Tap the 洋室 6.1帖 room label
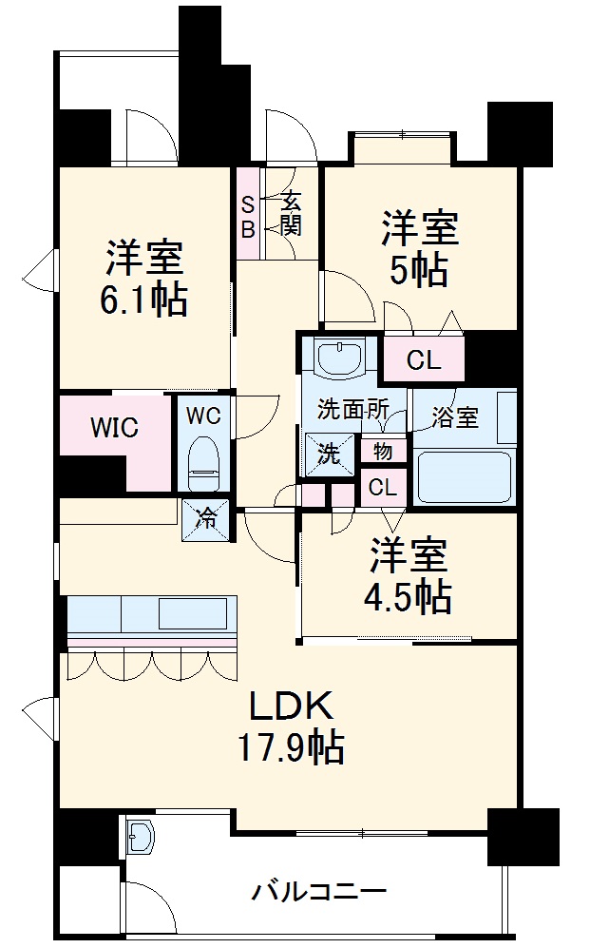coord(144,278)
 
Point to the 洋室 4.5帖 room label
coord(408,576)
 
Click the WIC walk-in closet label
coord(114,427)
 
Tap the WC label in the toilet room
coord(203,416)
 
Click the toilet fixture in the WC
coord(203,458)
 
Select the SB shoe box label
coord(246,216)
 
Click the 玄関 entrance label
coord(291,216)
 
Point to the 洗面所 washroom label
coord(352,411)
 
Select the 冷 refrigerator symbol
coord(205,519)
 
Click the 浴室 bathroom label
coord(455,417)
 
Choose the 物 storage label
coord(383,450)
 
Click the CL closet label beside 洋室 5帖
coord(424,360)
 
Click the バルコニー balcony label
coord(318,892)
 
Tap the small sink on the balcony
coord(141,837)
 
